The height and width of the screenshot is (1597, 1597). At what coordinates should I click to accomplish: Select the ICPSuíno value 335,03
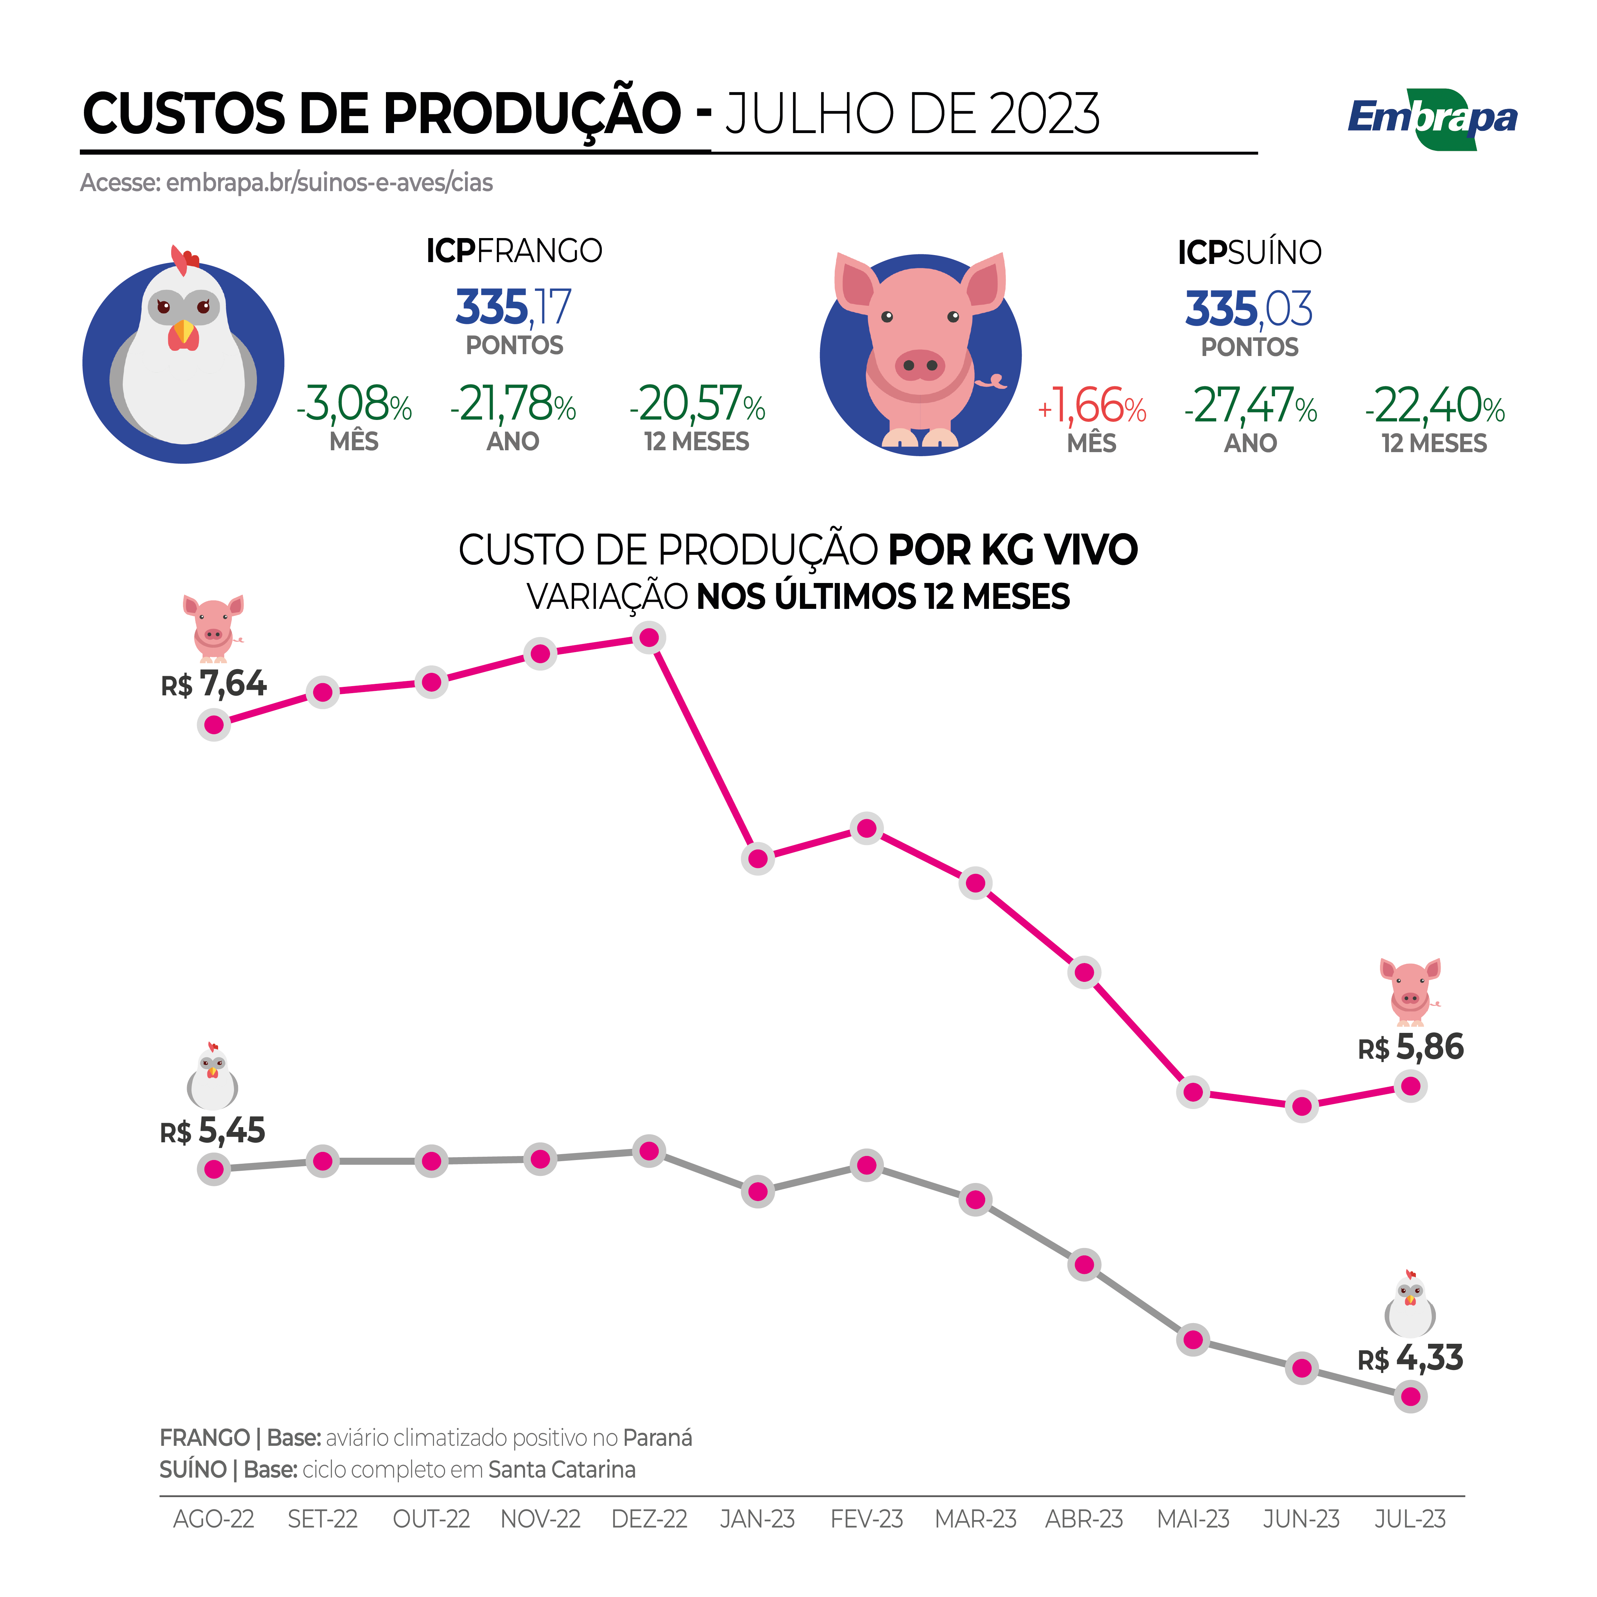tap(1248, 309)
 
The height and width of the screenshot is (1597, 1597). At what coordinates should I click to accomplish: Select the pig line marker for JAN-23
tap(758, 859)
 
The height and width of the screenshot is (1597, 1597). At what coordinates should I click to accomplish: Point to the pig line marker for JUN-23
tap(1302, 1106)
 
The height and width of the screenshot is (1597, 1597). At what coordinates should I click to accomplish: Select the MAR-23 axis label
tap(976, 1519)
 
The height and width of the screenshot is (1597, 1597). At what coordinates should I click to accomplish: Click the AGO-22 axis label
tap(213, 1519)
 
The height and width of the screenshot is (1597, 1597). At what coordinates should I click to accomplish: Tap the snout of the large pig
tap(920, 365)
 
